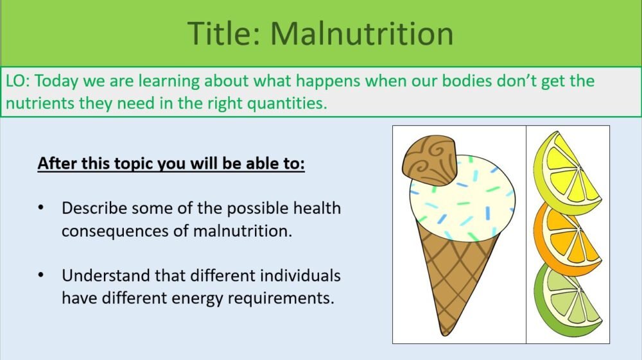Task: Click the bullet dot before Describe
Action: (42, 209)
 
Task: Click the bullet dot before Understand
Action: (42, 276)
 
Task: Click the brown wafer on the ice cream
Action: (429, 160)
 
